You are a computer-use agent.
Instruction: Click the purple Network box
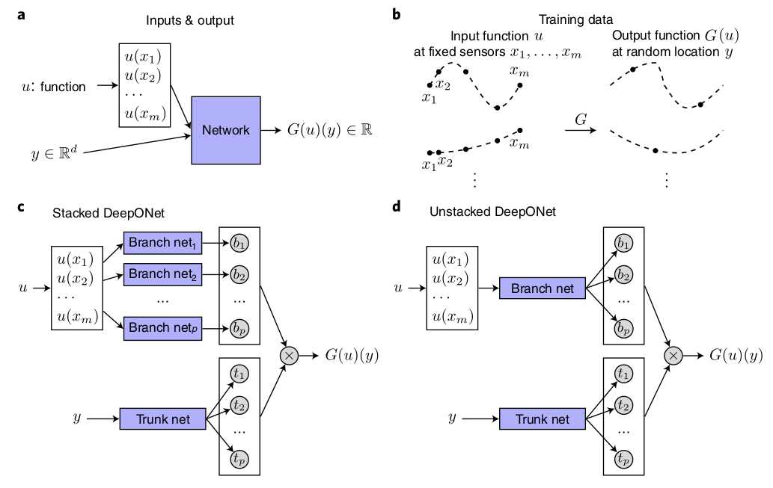click(226, 130)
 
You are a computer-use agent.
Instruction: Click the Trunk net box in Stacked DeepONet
click(162, 418)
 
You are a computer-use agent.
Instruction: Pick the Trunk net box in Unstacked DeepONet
click(543, 418)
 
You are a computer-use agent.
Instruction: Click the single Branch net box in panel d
click(543, 288)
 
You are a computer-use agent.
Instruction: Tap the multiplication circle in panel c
click(288, 356)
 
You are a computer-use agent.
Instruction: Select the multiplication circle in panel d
click(673, 356)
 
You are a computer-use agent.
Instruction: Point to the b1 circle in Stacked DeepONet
click(239, 243)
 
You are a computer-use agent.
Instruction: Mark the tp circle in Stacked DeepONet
click(239, 459)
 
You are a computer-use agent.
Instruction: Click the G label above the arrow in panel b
click(580, 120)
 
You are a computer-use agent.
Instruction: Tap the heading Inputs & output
click(189, 20)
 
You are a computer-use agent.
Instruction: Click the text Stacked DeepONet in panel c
click(109, 212)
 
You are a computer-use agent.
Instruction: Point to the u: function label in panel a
click(53, 87)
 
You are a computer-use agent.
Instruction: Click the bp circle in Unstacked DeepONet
click(622, 329)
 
